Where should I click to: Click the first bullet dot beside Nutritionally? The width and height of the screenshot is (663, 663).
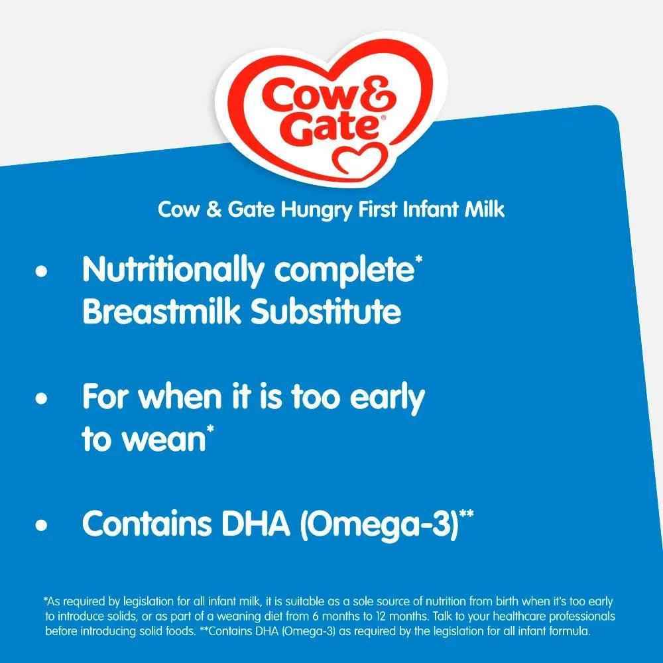(44, 273)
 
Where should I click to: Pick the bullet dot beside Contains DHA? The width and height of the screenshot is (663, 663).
(44, 526)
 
